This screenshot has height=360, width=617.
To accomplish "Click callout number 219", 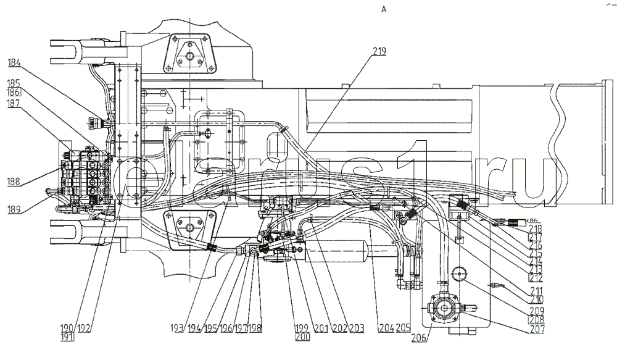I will pyautogui.click(x=379, y=52).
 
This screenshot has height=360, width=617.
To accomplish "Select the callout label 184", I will pyautogui.click(x=15, y=62).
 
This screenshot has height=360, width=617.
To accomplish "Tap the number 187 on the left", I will pyautogui.click(x=15, y=104).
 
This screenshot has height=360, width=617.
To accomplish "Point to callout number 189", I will pyautogui.click(x=15, y=210).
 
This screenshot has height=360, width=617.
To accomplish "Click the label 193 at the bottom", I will pyautogui.click(x=178, y=328).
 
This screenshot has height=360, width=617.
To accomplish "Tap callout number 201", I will pyautogui.click(x=320, y=328).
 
